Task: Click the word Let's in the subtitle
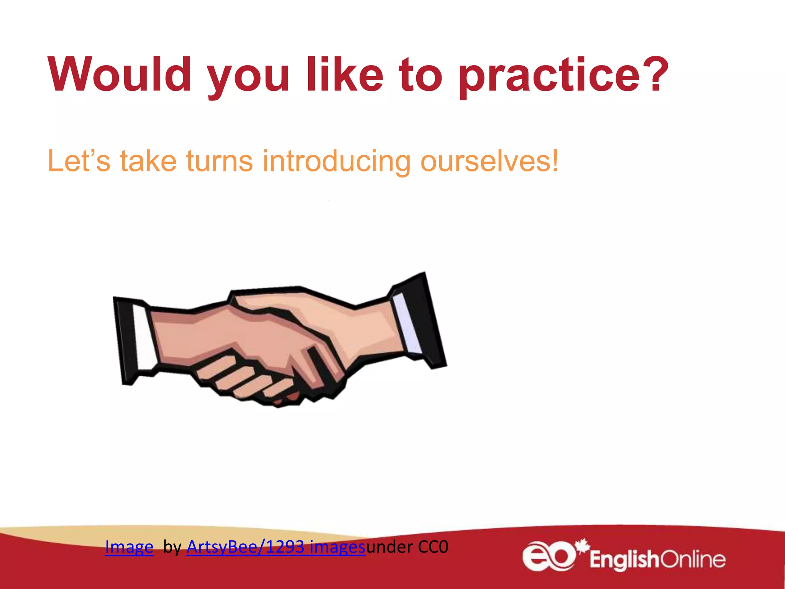coord(79,161)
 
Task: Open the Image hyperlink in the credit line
coord(129,547)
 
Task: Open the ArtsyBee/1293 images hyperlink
coord(276,547)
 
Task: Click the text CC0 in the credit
coord(433,547)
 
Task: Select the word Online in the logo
coord(693,559)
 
